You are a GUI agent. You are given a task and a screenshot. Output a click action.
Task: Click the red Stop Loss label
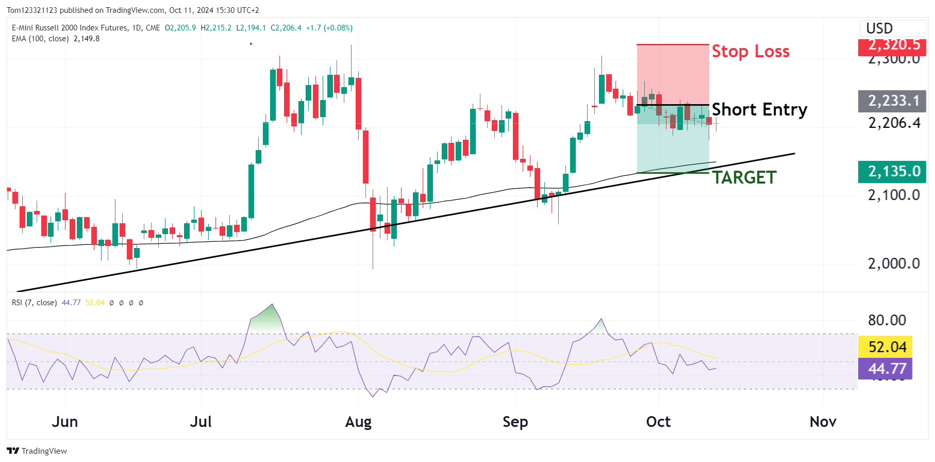[750, 52]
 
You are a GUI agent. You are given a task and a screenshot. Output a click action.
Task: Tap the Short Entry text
[759, 110]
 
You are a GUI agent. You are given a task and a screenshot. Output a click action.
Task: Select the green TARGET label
[744, 178]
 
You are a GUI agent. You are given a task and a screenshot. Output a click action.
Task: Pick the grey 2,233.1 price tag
[892, 101]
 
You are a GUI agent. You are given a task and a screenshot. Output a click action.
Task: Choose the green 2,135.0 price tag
[892, 172]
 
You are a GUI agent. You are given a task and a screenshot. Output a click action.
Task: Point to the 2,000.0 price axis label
[894, 263]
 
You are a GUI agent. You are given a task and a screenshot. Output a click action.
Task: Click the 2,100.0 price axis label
[894, 195]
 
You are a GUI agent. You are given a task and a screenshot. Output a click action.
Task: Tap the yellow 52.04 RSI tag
[885, 347]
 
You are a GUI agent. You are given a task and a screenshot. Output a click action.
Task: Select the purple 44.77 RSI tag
[885, 369]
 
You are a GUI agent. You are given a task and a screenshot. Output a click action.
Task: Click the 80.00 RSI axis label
[887, 320]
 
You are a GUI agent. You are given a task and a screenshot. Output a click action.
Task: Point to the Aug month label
[358, 422]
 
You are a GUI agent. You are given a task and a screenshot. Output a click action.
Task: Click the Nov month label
[823, 422]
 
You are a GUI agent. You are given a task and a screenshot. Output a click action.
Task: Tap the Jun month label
[65, 422]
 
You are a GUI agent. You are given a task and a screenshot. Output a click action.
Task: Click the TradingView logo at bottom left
[37, 451]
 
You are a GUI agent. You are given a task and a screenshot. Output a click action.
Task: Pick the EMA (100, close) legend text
[40, 39]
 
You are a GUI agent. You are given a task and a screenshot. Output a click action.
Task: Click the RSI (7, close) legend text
[34, 303]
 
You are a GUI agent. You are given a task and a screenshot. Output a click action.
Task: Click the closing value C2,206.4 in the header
[286, 28]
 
